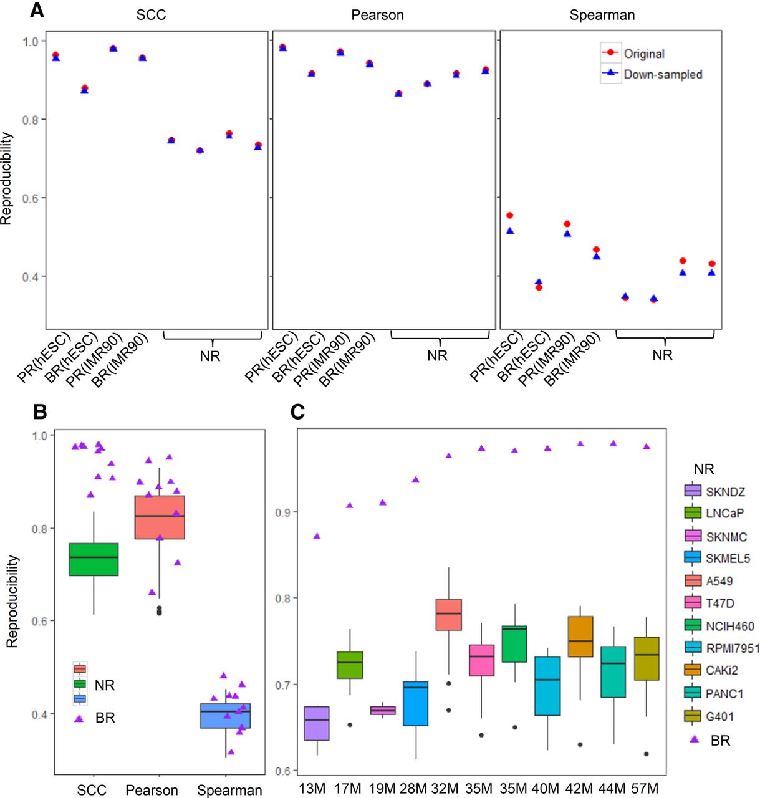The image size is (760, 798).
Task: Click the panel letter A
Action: point(37,11)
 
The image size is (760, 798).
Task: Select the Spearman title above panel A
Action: point(602,16)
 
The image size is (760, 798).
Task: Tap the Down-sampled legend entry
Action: point(651,74)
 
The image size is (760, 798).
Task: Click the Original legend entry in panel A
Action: point(633,54)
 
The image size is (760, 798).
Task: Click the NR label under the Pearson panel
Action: point(437,355)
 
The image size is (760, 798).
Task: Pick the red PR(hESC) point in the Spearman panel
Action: point(510,216)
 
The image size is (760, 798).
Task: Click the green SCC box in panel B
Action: point(94,559)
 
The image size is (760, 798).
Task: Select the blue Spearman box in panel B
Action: point(226,716)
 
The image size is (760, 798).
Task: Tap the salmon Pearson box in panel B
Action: point(160,517)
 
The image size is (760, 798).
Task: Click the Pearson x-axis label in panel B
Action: point(152,790)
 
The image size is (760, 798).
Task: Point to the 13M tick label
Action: point(312,788)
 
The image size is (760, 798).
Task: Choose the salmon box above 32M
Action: point(449,615)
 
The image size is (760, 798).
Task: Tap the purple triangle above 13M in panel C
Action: point(317,536)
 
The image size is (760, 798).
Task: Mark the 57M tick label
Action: point(645,788)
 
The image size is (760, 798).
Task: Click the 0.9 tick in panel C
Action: point(283,512)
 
